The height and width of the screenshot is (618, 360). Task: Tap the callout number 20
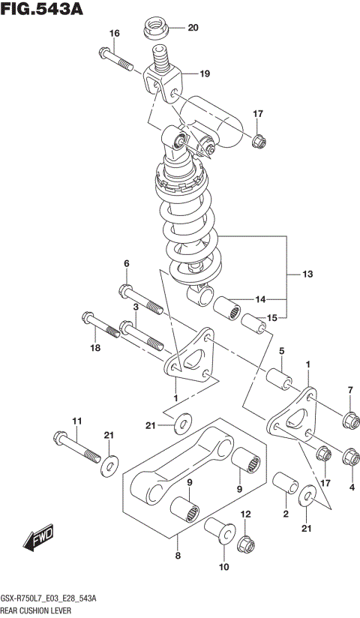click(193, 28)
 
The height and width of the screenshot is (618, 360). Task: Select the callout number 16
click(114, 34)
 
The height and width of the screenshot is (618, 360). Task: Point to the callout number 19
click(205, 73)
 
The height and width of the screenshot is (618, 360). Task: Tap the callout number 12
click(244, 514)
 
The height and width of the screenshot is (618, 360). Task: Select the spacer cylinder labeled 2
click(284, 483)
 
